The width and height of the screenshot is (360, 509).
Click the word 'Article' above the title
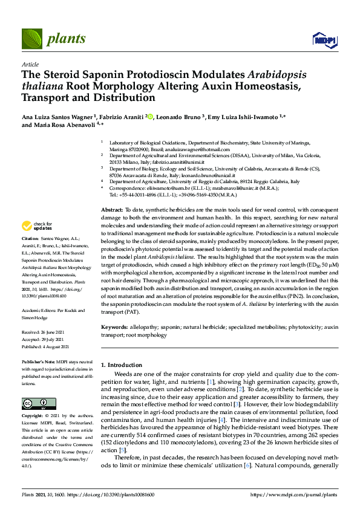tap(30, 63)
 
